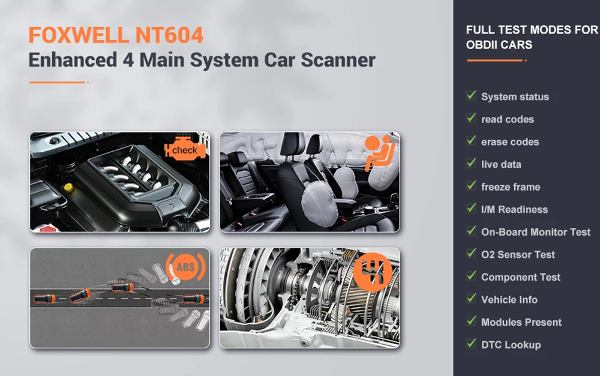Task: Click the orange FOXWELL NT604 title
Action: tap(116, 35)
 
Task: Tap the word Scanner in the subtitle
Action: tap(338, 60)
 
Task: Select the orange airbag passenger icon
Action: tap(379, 152)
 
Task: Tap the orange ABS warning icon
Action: tap(185, 267)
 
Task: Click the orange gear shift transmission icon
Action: tap(373, 272)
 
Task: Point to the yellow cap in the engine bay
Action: tap(69, 188)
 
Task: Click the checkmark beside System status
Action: tap(472, 95)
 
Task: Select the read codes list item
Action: tap(508, 119)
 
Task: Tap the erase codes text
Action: tap(510, 142)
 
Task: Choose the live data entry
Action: tap(501, 164)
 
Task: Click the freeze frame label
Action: tap(511, 187)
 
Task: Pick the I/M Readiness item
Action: tap(515, 210)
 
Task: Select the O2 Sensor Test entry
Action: tap(518, 255)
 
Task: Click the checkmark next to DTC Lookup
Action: tap(472, 343)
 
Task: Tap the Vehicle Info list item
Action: tap(509, 300)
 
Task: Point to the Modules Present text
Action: tap(521, 323)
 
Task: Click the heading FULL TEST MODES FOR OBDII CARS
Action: tap(532, 37)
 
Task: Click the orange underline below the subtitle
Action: tap(59, 82)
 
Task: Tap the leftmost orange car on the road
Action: tap(44, 299)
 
